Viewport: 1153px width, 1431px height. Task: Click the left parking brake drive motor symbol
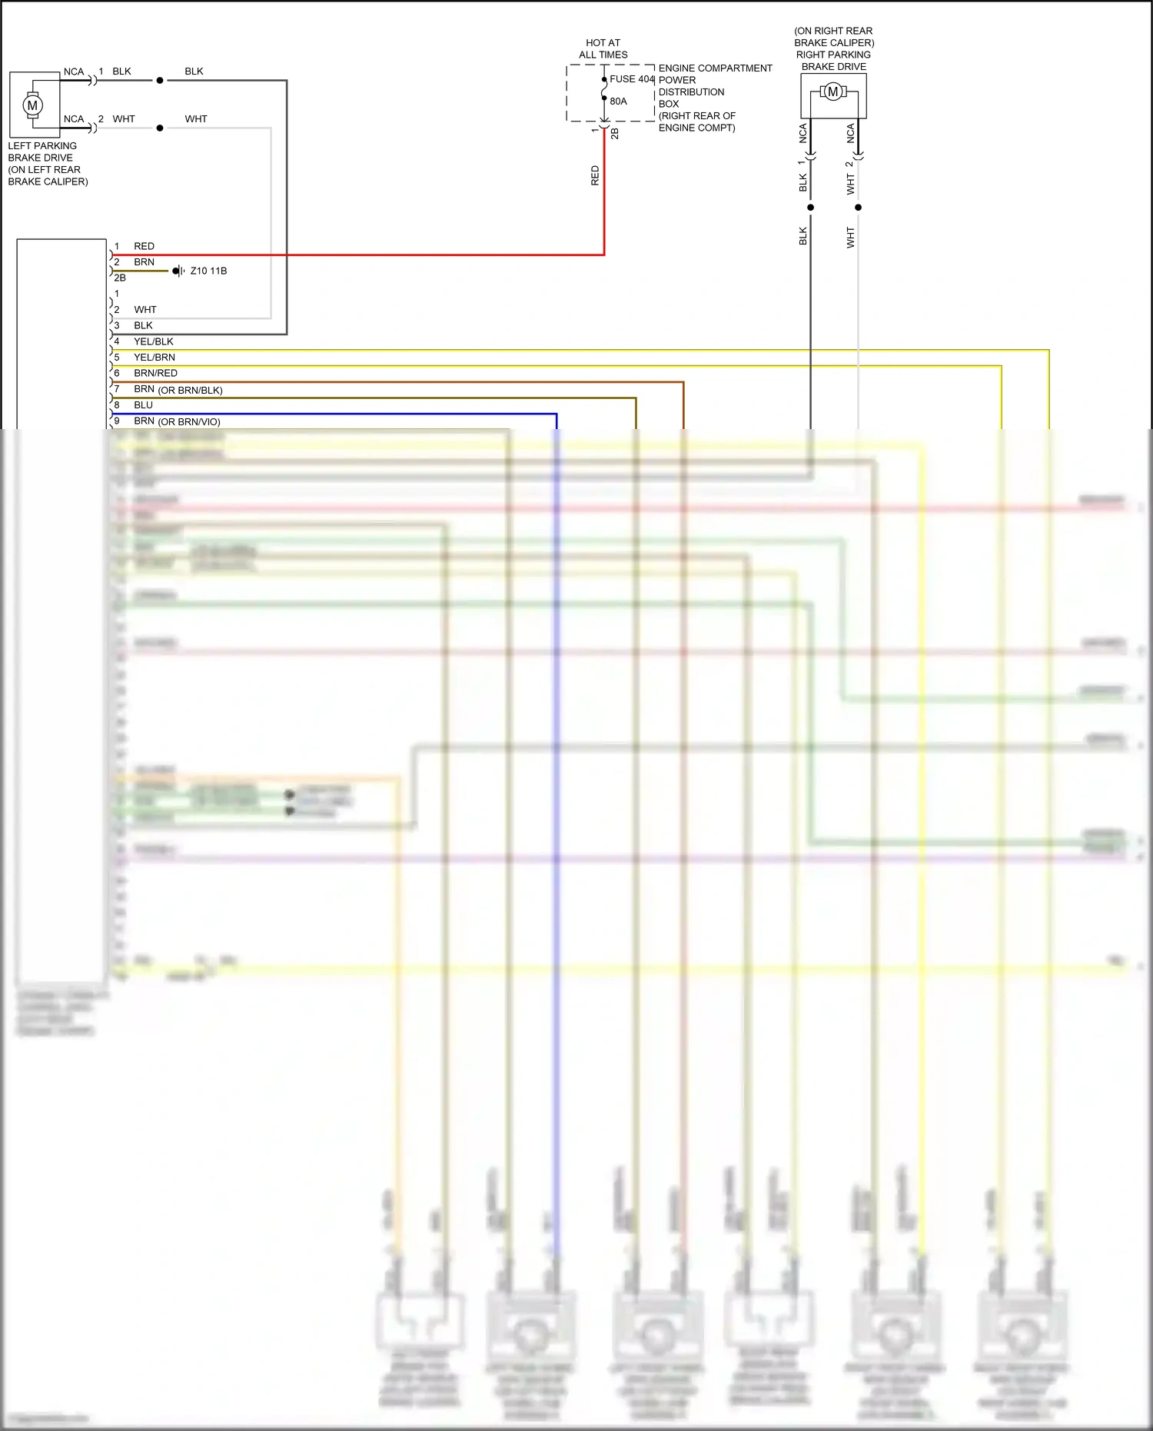point(32,105)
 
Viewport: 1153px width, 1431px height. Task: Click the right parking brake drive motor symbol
point(832,92)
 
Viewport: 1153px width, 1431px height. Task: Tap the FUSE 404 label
point(632,79)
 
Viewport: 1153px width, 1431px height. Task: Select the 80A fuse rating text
point(618,102)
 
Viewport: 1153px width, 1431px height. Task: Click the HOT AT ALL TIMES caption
point(603,49)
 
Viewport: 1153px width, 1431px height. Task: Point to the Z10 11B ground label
point(208,271)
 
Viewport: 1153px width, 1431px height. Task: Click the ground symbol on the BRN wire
point(178,271)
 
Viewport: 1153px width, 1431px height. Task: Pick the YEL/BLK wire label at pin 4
point(154,341)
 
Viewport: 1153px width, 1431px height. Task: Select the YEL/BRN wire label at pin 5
point(155,358)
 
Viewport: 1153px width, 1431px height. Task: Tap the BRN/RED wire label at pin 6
point(155,374)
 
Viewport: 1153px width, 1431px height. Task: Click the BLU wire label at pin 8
point(143,405)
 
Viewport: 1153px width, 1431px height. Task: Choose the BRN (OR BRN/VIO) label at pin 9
point(177,421)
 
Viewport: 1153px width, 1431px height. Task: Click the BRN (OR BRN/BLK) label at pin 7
point(178,390)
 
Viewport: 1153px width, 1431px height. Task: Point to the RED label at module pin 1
point(144,246)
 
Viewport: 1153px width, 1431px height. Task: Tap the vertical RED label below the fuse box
point(595,175)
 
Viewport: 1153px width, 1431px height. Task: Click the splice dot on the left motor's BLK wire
point(160,80)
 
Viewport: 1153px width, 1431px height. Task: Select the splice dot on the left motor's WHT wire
point(160,128)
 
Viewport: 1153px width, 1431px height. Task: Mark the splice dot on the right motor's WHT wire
point(858,208)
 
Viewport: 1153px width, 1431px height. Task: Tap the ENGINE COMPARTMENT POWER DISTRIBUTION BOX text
point(714,98)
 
